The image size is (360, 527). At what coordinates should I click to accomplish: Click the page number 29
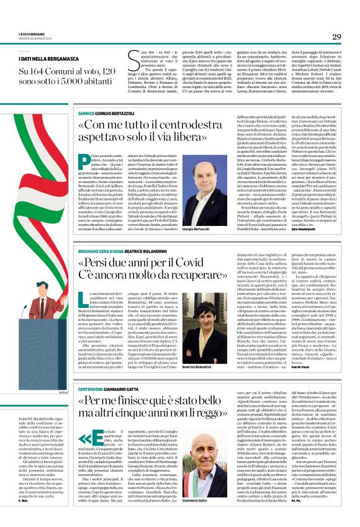coord(336,37)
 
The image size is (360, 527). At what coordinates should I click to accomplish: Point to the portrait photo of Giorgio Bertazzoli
coord(195,191)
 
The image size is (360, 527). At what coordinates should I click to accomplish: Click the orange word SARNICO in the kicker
coord(86,114)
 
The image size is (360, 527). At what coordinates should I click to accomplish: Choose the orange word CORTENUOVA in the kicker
coord(92,387)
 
